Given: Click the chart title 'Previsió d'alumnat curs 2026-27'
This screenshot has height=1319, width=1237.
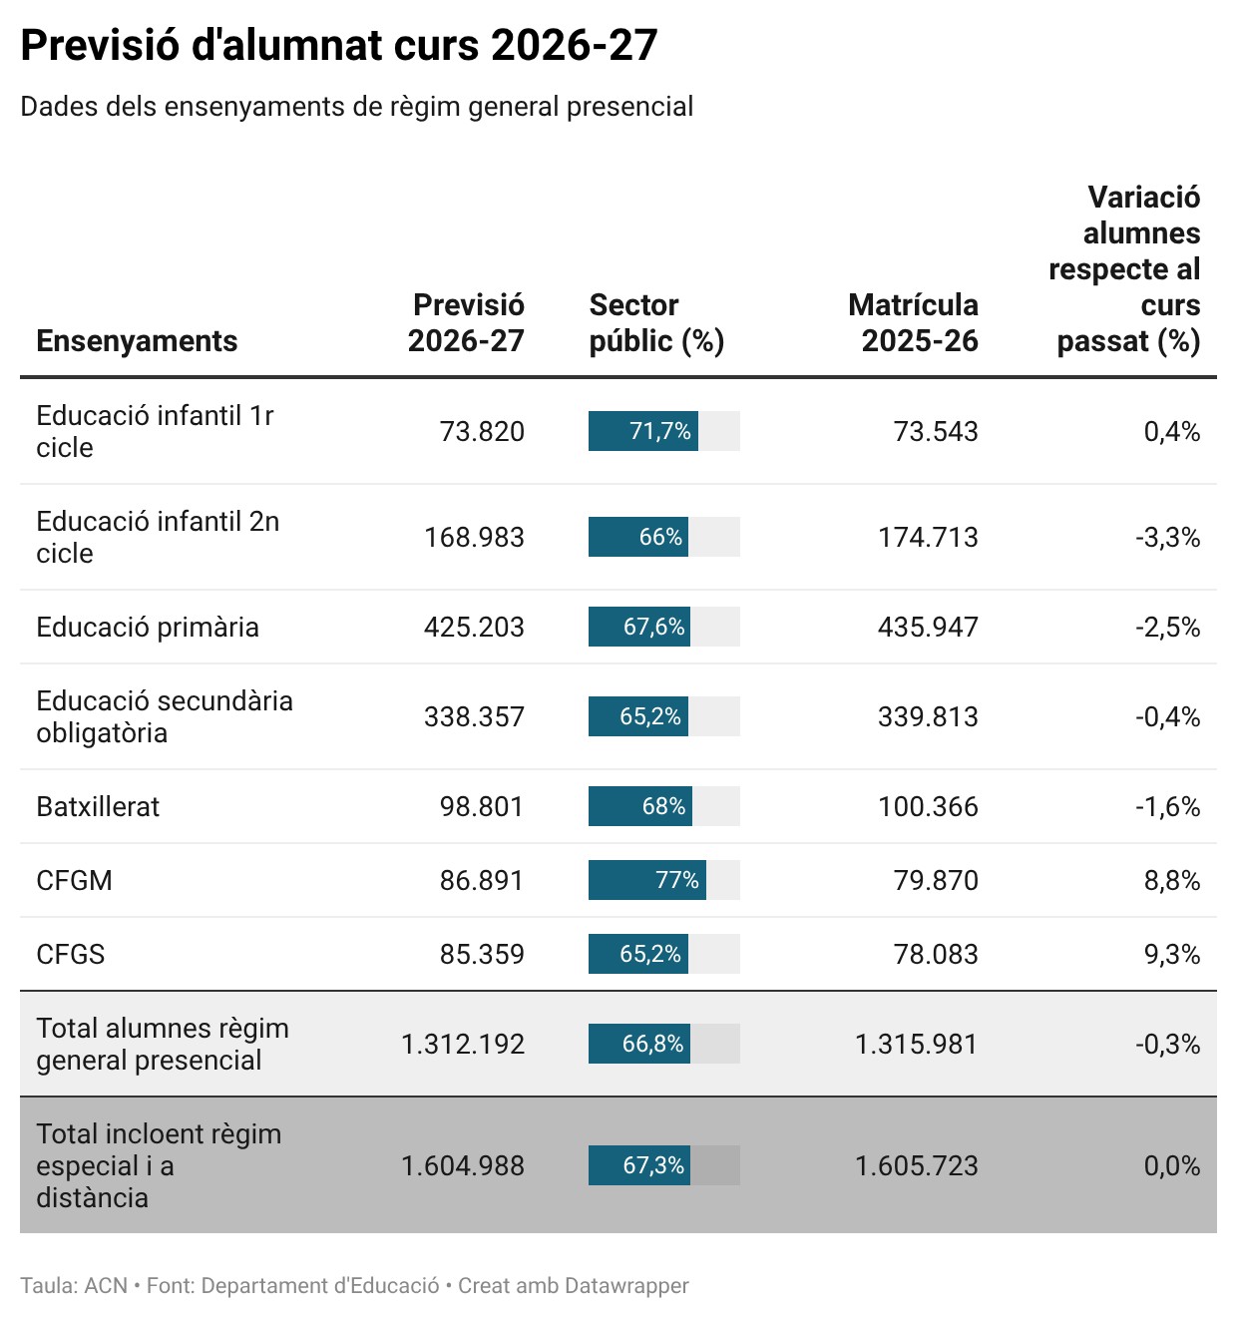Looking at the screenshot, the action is (x=339, y=45).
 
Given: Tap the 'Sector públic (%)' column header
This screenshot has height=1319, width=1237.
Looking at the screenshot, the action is (x=656, y=323).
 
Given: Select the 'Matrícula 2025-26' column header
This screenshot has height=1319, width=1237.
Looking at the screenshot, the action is (x=913, y=323).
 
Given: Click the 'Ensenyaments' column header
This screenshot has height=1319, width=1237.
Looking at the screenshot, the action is (x=137, y=340).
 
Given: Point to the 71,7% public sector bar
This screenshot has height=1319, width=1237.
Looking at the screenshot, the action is (x=643, y=431).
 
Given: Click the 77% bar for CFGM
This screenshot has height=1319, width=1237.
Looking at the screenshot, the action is (x=647, y=880).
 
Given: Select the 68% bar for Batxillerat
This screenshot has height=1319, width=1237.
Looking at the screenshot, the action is (x=640, y=806).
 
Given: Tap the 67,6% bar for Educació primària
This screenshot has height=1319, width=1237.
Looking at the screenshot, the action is (x=639, y=627).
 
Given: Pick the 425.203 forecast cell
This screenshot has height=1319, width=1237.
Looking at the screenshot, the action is (x=474, y=627).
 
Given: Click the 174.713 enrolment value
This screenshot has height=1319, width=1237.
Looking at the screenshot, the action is (x=928, y=538).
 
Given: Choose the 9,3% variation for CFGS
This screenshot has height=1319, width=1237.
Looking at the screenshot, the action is (x=1172, y=955).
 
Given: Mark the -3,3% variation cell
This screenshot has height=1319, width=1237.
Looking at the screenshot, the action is (x=1168, y=538).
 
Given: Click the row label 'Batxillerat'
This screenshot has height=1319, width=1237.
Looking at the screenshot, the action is (x=98, y=806).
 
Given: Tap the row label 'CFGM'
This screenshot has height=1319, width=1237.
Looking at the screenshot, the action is (x=74, y=881).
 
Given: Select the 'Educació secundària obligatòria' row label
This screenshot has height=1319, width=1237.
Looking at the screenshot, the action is (x=164, y=716).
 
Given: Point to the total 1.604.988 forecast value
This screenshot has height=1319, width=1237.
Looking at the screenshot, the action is (x=463, y=1165).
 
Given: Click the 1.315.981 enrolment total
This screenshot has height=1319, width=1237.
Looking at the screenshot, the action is (x=916, y=1044).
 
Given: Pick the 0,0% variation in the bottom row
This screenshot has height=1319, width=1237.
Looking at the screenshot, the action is (x=1172, y=1165).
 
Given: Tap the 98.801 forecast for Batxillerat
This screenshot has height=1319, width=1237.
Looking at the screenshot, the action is (x=482, y=806).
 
